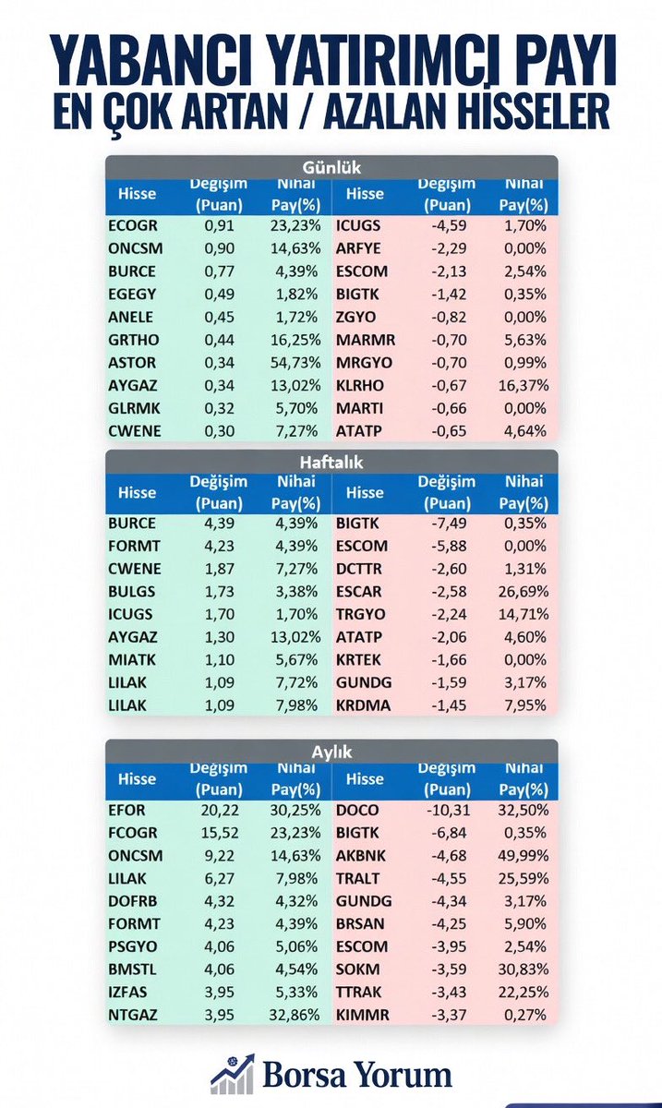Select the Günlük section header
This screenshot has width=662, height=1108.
tap(331, 168)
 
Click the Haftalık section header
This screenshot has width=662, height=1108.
tap(331, 463)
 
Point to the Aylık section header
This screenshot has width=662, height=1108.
tap(331, 752)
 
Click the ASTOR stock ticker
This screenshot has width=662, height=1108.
tap(132, 363)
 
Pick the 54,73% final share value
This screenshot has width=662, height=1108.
tap(295, 363)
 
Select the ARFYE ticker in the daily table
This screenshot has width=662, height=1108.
tap(358, 248)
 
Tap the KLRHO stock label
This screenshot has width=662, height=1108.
tap(360, 385)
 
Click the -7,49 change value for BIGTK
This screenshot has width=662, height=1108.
tap(449, 523)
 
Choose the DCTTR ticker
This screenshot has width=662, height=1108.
tap(359, 569)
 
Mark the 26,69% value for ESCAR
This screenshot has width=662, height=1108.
tap(524, 592)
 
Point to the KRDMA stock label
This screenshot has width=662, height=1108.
tap(363, 705)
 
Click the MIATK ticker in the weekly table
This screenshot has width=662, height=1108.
tap(132, 660)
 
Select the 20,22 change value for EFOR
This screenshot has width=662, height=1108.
tap(220, 811)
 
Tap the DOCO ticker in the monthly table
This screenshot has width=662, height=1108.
tap(357, 811)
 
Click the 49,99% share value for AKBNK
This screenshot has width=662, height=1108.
tap(524, 856)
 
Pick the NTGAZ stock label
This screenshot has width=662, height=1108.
tap(133, 1015)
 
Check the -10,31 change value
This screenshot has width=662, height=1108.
tap(449, 811)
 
